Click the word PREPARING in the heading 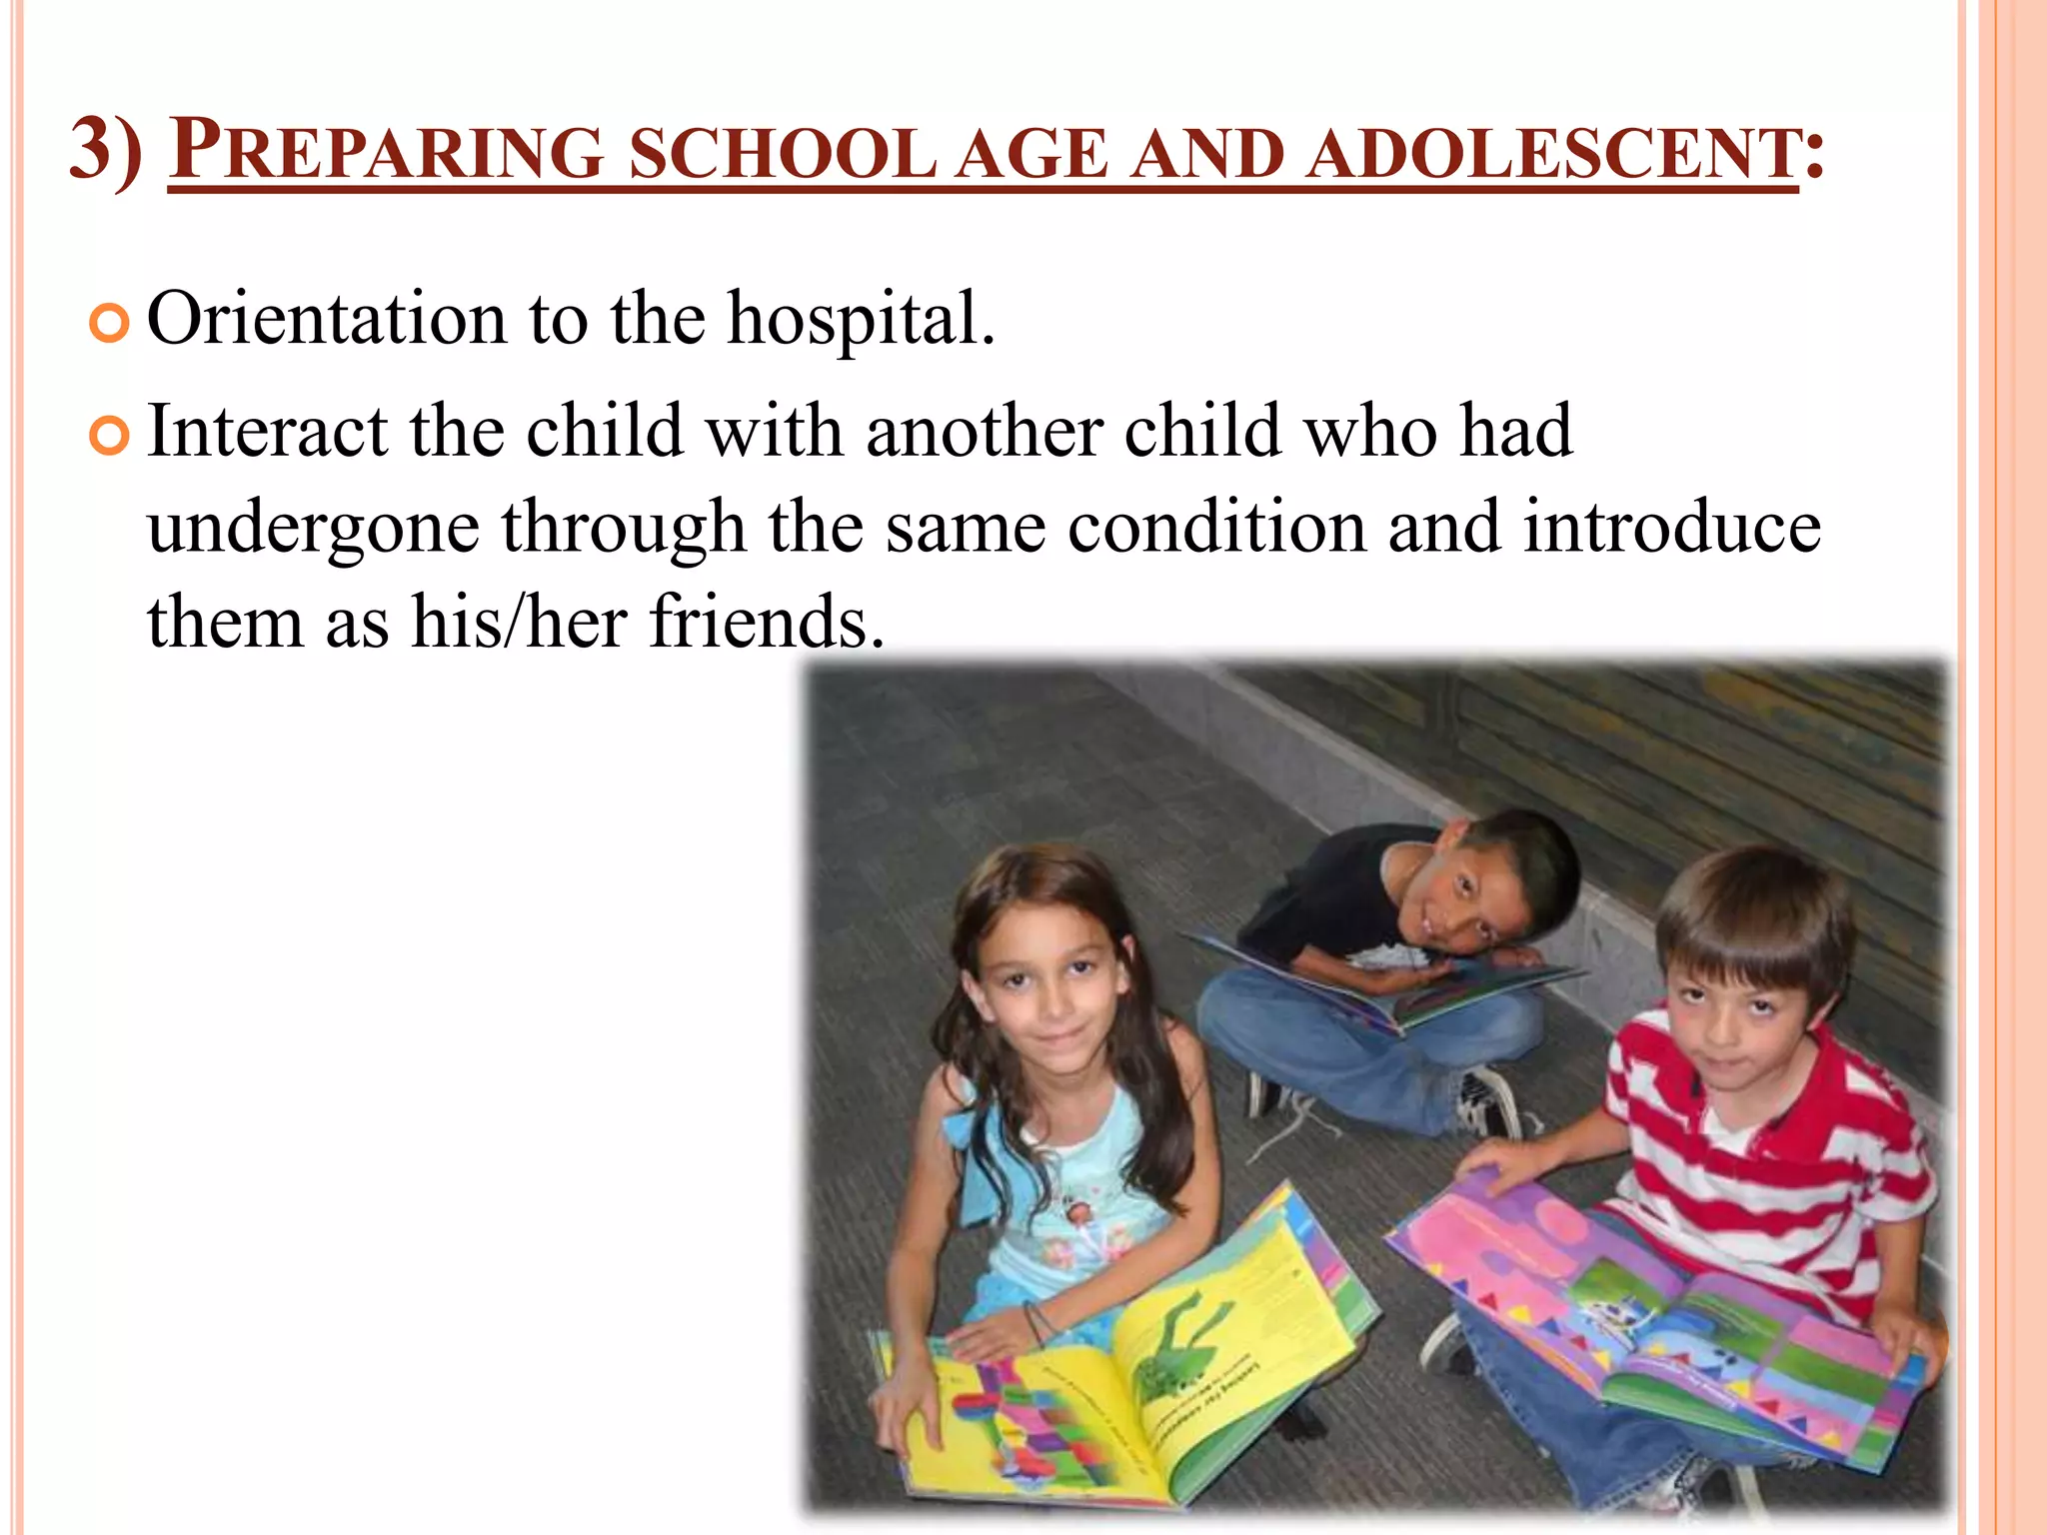386,152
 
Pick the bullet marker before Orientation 109,324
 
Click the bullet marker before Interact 109,436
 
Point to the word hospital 860,320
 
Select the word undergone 313,530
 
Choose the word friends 766,622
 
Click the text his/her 519,622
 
